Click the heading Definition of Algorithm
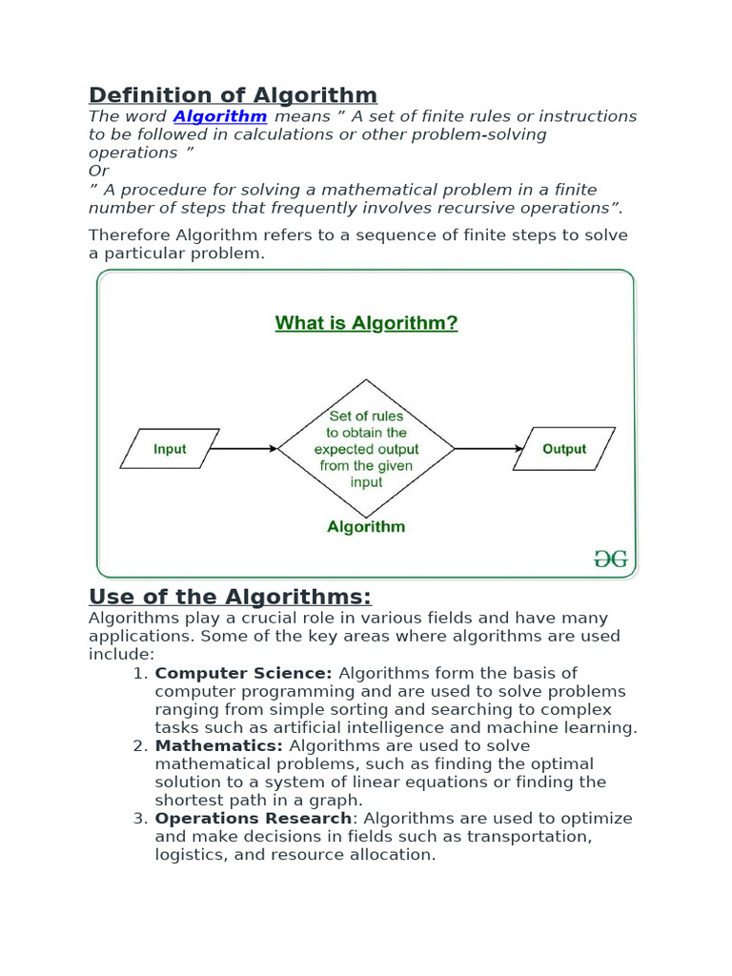click(x=233, y=95)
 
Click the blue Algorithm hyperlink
click(x=220, y=116)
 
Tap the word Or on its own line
click(x=99, y=171)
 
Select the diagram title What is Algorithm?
click(x=366, y=323)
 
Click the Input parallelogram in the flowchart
click(x=170, y=448)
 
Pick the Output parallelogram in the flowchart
click(x=564, y=448)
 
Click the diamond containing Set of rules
click(x=366, y=448)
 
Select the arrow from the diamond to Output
click(x=489, y=448)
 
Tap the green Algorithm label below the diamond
click(x=366, y=526)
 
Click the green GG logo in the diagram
click(x=610, y=559)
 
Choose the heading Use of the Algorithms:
click(x=230, y=598)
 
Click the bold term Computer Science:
click(x=244, y=673)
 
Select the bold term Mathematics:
click(x=219, y=745)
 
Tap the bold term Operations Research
click(x=253, y=819)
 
